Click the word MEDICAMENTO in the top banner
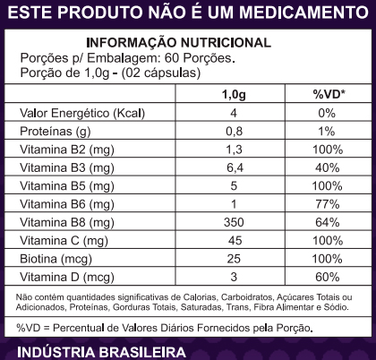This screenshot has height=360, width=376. tap(303, 13)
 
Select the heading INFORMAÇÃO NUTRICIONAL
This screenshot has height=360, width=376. tap(178, 43)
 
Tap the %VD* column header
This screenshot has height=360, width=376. tap(329, 94)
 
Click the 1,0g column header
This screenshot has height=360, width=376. tap(234, 95)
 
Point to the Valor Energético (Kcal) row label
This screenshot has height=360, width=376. tap(82, 114)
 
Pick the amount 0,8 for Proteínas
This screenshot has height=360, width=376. tap(234, 132)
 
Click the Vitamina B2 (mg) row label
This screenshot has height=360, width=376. tap(67, 150)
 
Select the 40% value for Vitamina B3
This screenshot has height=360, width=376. tap(327, 167)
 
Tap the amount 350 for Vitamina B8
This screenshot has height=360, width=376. tap(234, 222)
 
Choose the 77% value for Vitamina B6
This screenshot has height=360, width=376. tap(328, 204)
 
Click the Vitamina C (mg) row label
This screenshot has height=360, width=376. tap(64, 241)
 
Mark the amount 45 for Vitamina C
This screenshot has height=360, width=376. tap(235, 241)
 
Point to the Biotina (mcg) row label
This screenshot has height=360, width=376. tap(56, 259)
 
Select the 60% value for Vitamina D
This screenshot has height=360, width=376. tap(327, 277)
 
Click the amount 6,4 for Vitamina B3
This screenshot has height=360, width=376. tap(235, 167)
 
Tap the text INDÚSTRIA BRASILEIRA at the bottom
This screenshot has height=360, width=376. tap(101, 352)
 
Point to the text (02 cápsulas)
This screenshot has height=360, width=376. tap(160, 73)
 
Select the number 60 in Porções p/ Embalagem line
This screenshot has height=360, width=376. tap(172, 58)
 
